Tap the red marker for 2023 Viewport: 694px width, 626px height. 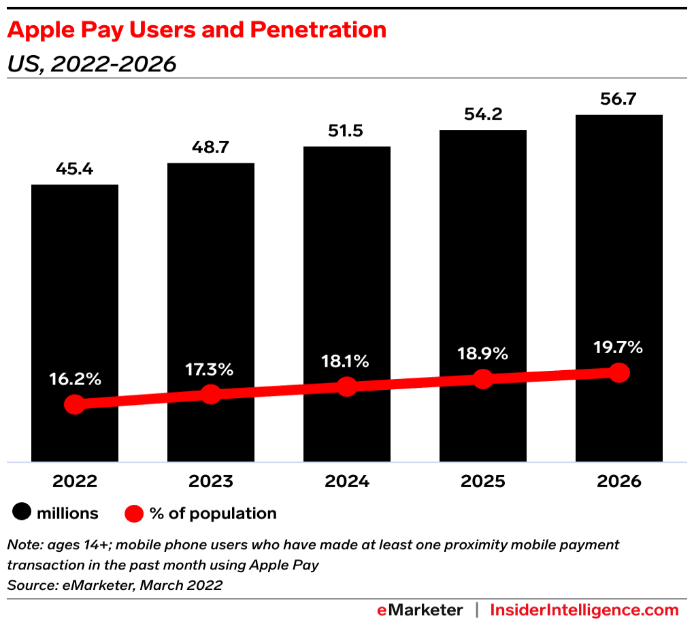211,394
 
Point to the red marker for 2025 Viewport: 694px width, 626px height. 483,379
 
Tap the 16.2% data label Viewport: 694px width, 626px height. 75,379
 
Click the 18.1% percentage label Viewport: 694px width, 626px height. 347,361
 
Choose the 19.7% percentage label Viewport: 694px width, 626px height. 619,347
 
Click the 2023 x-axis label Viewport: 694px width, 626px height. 211,482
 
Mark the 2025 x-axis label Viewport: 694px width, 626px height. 483,482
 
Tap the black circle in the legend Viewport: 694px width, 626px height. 22,514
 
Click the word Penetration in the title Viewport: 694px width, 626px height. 318,29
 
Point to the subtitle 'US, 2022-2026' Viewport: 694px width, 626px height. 91,64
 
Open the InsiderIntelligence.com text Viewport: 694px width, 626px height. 584,610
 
